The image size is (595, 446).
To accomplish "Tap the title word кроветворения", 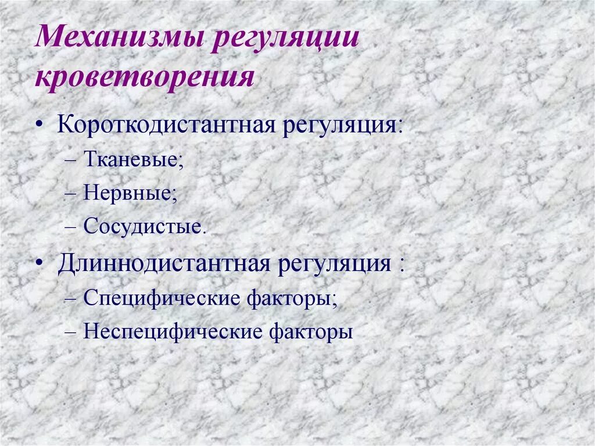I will (x=145, y=78).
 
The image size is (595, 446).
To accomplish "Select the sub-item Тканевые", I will (x=133, y=159).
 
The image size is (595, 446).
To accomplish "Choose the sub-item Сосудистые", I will (x=145, y=226).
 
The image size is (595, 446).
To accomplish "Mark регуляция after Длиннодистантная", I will (x=333, y=264).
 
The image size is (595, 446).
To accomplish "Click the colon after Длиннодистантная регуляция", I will (x=401, y=265).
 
